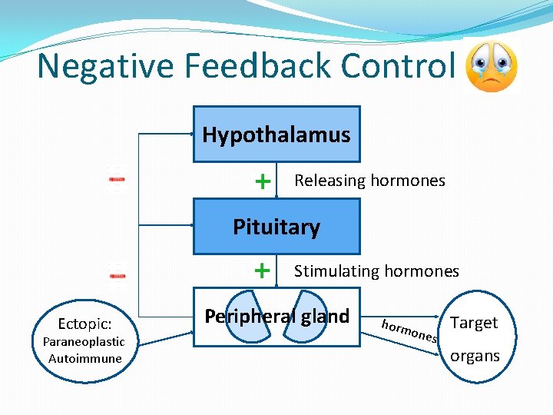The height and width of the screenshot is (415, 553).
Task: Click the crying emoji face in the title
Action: [x=492, y=67]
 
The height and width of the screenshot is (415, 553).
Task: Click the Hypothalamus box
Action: [x=276, y=134]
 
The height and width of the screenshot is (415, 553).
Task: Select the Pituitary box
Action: [x=276, y=227]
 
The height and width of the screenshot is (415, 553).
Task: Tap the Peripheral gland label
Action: [x=276, y=316]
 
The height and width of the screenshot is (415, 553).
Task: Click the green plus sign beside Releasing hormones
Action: [x=263, y=181]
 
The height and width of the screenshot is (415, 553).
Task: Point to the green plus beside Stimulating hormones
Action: [x=263, y=271]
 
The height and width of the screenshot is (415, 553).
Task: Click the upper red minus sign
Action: [x=117, y=179]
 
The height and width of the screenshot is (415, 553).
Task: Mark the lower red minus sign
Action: [x=117, y=273]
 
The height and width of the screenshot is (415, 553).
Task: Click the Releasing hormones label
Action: [x=369, y=181]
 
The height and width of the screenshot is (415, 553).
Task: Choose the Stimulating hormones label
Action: [x=376, y=271]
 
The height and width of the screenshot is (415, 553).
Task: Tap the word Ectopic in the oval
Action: [x=84, y=324]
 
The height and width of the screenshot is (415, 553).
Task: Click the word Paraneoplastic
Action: [x=83, y=341]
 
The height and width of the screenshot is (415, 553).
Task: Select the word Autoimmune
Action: [x=84, y=358]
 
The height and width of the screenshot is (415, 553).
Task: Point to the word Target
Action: [x=474, y=323]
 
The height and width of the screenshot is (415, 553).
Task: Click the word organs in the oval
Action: [x=475, y=356]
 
